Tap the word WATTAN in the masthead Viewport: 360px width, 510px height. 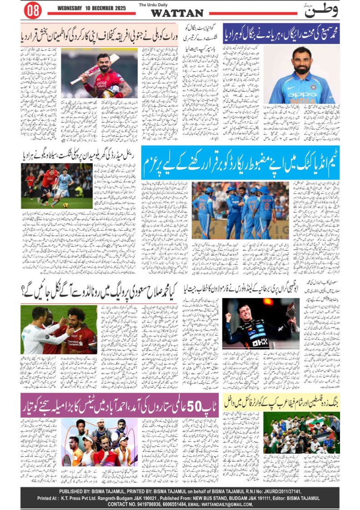[177, 13]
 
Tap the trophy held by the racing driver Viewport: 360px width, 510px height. [290, 312]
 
